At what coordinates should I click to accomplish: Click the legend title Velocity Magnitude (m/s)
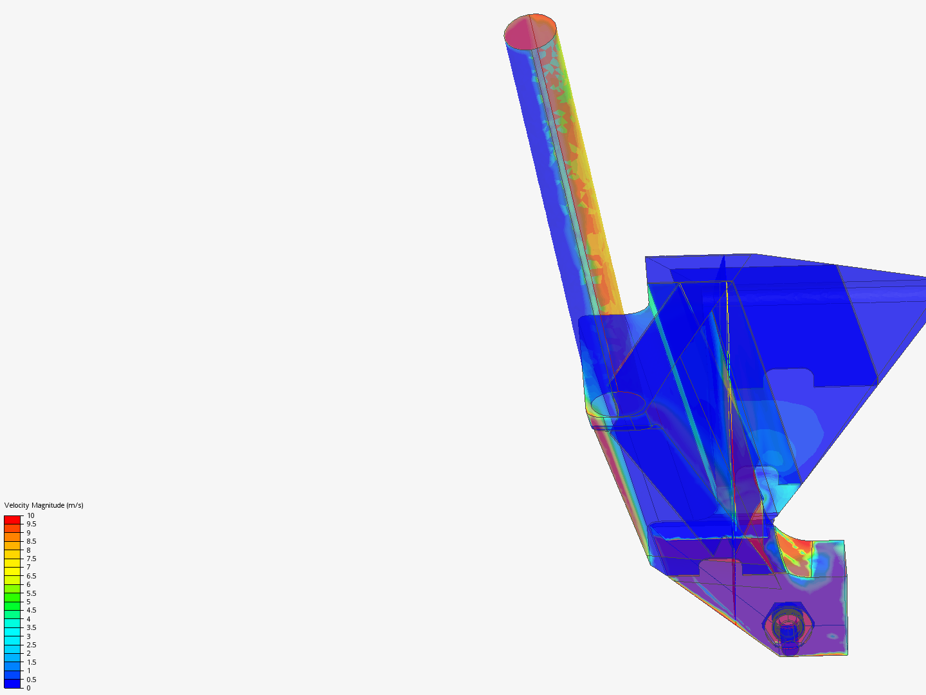44,505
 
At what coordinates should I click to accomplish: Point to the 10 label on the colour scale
30,515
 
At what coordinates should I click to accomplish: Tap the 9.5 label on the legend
32,524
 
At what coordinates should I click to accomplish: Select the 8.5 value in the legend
32,541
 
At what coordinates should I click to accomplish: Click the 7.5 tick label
32,559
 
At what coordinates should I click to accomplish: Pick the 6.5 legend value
32,576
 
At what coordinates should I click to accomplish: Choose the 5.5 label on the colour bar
32,593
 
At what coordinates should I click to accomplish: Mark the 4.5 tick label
32,610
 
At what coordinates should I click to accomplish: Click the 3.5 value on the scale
32,627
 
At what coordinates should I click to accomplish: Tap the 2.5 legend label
32,645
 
